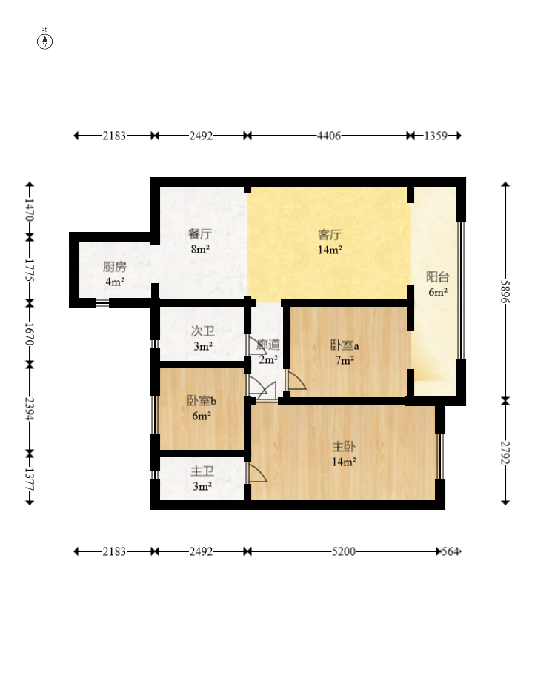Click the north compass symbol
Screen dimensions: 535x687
[44, 40]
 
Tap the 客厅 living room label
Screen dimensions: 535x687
[330, 235]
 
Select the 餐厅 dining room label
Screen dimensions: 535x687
[200, 234]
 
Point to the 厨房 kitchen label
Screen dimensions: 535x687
[115, 266]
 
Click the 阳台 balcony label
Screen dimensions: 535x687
[438, 277]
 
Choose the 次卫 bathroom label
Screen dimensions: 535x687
[203, 331]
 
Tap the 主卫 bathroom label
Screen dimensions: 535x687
[202, 471]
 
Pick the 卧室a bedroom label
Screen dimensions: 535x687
[345, 345]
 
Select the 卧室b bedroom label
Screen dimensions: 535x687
[202, 400]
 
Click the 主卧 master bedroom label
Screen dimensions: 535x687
[344, 447]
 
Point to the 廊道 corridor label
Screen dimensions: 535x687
[267, 345]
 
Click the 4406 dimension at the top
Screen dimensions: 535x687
[328, 136]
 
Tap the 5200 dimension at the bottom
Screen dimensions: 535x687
[344, 551]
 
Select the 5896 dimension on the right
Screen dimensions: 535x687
[505, 291]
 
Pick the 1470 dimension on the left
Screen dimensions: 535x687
[30, 210]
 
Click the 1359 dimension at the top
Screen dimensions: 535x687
[436, 136]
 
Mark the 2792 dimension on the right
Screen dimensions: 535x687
[505, 452]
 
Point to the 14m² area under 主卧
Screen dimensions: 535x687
[344, 462]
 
